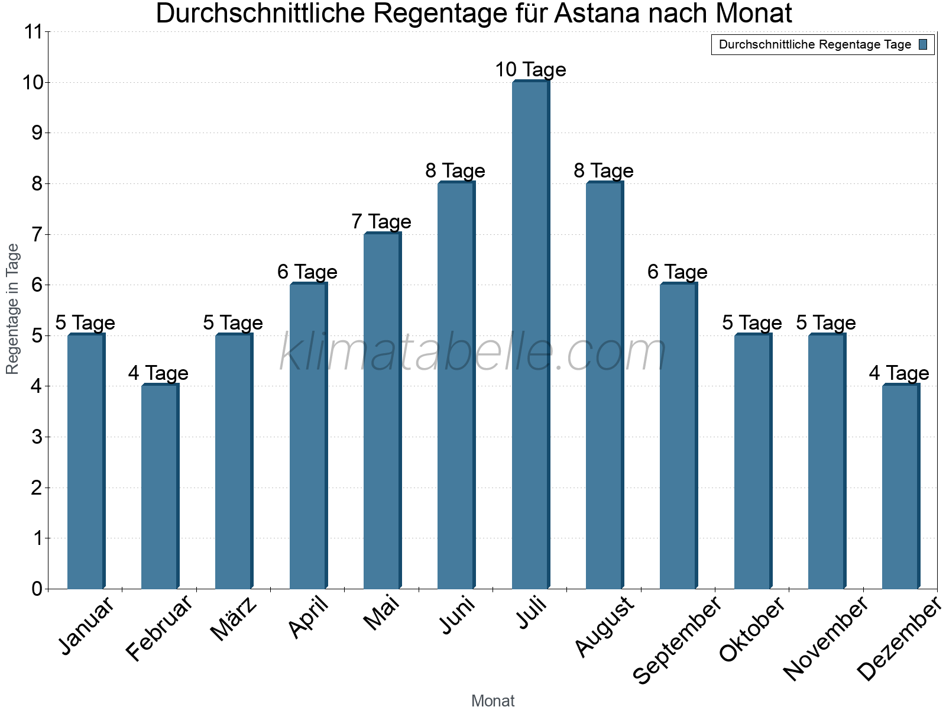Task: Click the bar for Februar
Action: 160,486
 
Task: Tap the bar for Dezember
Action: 900,486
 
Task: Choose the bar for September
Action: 678,436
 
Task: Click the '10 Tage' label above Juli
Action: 530,70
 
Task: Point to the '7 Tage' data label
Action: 381,222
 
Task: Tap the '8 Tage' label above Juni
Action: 455,171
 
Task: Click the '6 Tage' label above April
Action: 307,272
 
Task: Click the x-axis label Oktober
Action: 752,629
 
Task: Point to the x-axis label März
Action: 234,619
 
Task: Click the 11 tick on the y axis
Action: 35,32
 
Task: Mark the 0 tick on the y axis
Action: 37,589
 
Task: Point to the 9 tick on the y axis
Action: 37,133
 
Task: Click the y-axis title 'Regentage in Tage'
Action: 12,309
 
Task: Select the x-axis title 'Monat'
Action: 493,701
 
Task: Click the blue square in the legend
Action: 924,44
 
